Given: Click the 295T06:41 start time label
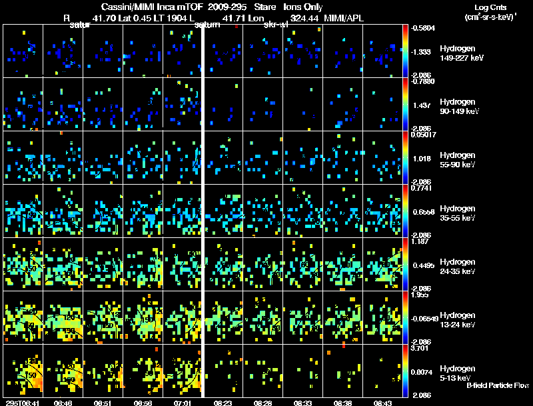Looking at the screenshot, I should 23,403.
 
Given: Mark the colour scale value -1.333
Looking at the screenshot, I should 422,51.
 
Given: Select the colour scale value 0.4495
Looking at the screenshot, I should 424,265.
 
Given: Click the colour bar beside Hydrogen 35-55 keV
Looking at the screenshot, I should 406,211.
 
